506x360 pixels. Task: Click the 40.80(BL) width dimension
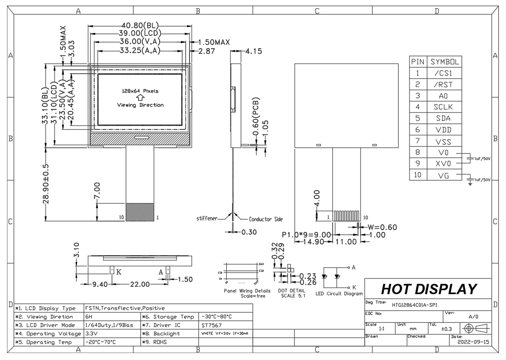tap(140, 26)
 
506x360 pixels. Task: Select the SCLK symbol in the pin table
tap(443, 107)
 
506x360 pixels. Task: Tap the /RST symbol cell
tap(443, 85)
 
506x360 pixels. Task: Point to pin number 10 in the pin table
tap(417, 175)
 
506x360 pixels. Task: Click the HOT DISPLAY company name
tap(429, 289)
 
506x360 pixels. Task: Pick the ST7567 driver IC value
tap(211, 325)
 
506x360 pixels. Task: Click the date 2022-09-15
tap(473, 342)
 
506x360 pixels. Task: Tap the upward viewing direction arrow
tap(140, 98)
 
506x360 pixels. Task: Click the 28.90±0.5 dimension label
tap(46, 184)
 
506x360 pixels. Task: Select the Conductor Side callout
tap(266, 219)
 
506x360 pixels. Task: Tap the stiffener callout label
tap(207, 218)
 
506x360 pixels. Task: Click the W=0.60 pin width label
tap(382, 227)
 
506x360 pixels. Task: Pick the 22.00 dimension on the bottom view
tap(140, 284)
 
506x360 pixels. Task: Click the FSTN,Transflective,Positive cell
tap(125, 308)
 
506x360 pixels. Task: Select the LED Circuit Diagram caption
tap(339, 293)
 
